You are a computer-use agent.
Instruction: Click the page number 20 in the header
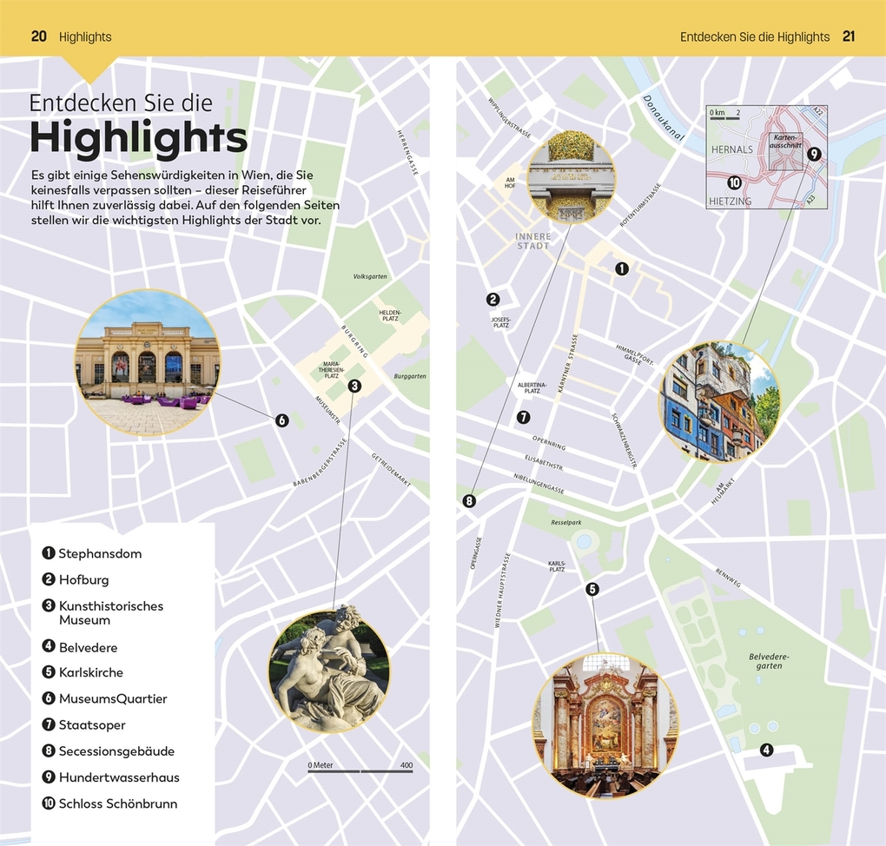pyautogui.click(x=38, y=36)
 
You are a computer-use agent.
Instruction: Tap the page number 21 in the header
pyautogui.click(x=849, y=36)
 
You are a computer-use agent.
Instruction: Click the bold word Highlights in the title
pyautogui.click(x=138, y=137)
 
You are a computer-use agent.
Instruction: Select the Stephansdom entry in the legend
pyautogui.click(x=100, y=553)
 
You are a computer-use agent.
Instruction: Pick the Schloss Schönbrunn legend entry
pyautogui.click(x=117, y=803)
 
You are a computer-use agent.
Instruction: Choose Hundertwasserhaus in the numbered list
pyautogui.click(x=119, y=777)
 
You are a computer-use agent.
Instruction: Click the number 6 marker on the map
pyautogui.click(x=281, y=420)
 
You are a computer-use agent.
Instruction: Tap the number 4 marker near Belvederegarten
pyautogui.click(x=766, y=750)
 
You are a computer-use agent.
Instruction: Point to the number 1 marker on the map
pyautogui.click(x=621, y=269)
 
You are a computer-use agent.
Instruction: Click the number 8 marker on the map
pyautogui.click(x=470, y=500)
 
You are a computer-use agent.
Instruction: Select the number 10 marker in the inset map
pyautogui.click(x=734, y=182)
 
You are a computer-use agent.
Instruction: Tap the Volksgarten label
pyautogui.click(x=370, y=276)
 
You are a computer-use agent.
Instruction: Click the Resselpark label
pyautogui.click(x=565, y=523)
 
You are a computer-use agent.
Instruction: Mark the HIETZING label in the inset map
pyautogui.click(x=731, y=201)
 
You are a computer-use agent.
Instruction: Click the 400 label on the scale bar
pyautogui.click(x=406, y=765)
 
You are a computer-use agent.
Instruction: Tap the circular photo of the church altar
pyautogui.click(x=605, y=725)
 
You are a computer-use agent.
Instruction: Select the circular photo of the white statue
pyautogui.click(x=329, y=670)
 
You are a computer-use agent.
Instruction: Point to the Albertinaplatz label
pyautogui.click(x=532, y=387)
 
